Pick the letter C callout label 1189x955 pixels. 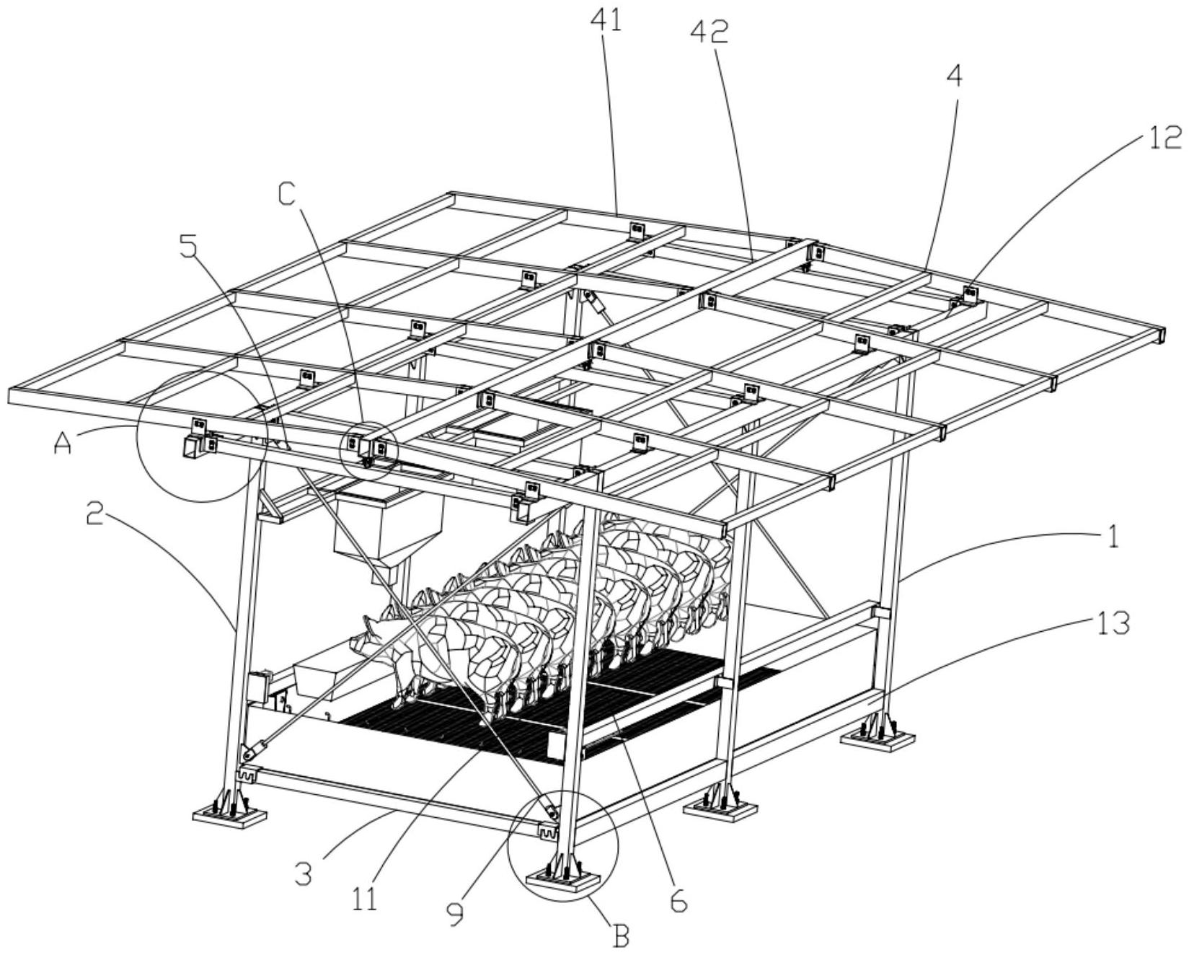point(287,193)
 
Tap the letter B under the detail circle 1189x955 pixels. point(620,936)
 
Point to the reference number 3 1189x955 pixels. point(304,873)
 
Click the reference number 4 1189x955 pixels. point(953,77)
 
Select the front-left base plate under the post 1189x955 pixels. point(229,816)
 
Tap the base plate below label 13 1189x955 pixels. point(877,739)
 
